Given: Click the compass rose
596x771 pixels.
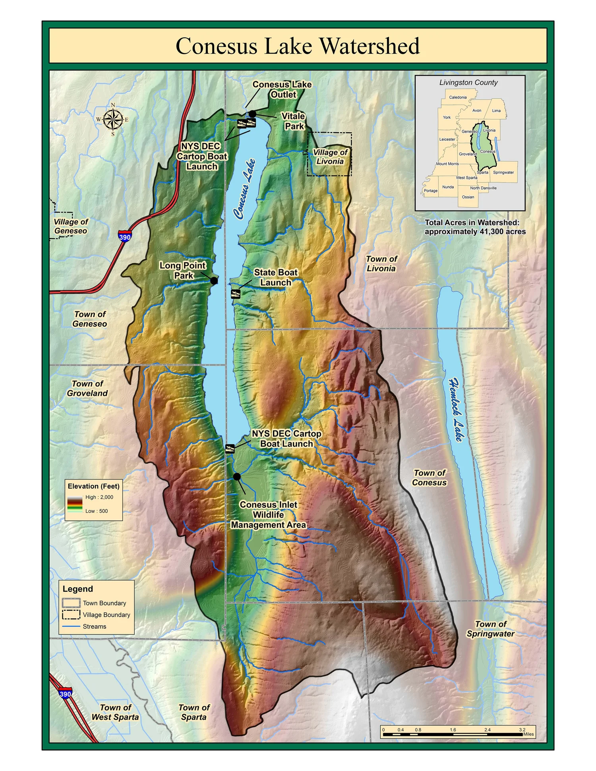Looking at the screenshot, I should tap(113, 119).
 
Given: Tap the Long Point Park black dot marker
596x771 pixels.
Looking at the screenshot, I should tap(214, 280).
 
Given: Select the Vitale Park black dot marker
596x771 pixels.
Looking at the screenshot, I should tap(252, 114).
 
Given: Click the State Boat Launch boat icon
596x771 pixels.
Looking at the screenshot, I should tap(236, 294).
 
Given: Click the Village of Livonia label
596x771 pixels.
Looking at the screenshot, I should tap(330, 157).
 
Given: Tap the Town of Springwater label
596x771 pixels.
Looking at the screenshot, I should tap(490, 629).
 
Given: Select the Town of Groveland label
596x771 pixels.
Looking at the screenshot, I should tap(87, 388).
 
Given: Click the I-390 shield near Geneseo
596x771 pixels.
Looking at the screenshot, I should tap(125, 237).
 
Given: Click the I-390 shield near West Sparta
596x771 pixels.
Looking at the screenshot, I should tap(65, 694).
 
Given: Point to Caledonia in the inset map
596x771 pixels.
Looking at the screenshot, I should tap(458, 97).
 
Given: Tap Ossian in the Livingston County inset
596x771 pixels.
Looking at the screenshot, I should tap(468, 197).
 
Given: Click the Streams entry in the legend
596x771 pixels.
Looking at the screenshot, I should tap(94, 626).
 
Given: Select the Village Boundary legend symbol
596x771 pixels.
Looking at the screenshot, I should tap(71, 614).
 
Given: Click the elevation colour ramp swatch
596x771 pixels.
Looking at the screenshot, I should tap(75, 504).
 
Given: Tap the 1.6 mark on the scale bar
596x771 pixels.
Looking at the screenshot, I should tap(453, 730).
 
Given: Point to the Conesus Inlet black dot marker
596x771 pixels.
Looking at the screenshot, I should tap(237, 476).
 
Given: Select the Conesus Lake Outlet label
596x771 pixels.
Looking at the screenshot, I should tap(282, 89).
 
